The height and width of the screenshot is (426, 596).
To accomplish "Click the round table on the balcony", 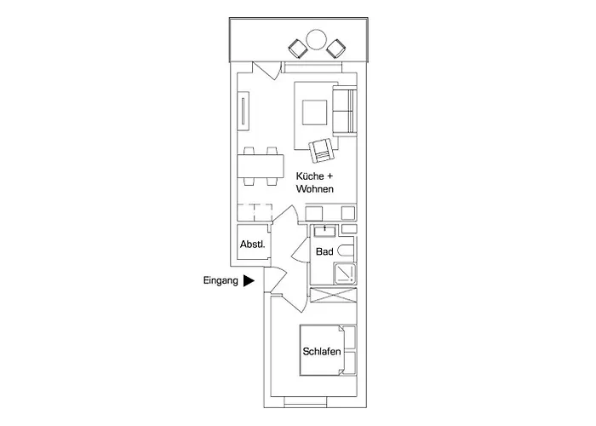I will pyautogui.click(x=316, y=39).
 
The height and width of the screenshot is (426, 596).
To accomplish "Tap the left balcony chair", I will pyautogui.click(x=298, y=47).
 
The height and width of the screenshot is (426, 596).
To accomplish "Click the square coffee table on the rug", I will pyautogui.click(x=313, y=112).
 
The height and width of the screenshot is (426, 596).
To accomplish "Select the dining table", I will pyautogui.click(x=261, y=166).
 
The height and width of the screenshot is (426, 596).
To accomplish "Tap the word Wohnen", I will pyautogui.click(x=314, y=189).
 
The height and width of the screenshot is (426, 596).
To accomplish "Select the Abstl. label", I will pyautogui.click(x=253, y=245).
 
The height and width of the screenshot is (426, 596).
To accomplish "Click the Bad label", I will pyautogui.click(x=324, y=253).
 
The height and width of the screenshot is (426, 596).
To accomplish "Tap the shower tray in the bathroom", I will pyautogui.click(x=344, y=273).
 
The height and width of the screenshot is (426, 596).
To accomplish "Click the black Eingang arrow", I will pyautogui.click(x=249, y=279).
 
